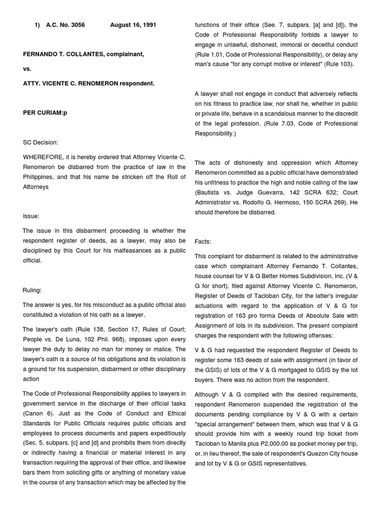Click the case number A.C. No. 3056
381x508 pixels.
pyautogui.click(x=65, y=25)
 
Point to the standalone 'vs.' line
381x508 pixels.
pyautogui.click(x=27, y=69)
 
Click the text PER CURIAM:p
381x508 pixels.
pyautogui.click(x=45, y=113)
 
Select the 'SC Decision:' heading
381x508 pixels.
pyautogui.click(x=41, y=142)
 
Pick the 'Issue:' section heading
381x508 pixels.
pyautogui.click(x=31, y=216)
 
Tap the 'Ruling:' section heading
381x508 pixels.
pyautogui.click(x=32, y=290)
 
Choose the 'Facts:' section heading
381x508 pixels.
pyautogui.click(x=203, y=241)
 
